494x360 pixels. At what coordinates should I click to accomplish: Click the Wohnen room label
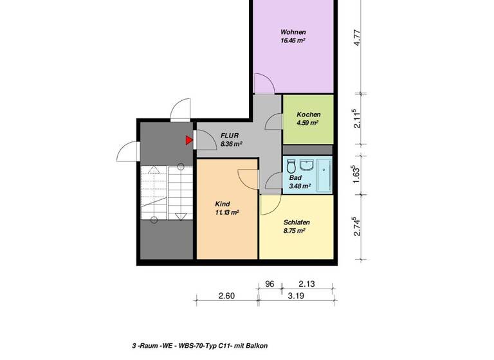click(293, 32)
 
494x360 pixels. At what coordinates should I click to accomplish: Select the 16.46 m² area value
click(293, 40)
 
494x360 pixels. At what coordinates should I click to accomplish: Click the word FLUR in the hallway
click(230, 136)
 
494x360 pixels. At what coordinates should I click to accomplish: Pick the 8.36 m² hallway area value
click(230, 144)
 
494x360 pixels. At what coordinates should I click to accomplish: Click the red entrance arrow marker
click(189, 139)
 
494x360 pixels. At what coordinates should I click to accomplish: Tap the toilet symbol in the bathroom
click(291, 165)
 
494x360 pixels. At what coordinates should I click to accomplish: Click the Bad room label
click(295, 179)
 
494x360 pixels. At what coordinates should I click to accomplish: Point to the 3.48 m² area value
click(300, 186)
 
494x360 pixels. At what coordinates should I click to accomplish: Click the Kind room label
click(223, 203)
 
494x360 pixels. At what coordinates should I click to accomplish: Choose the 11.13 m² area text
click(227, 212)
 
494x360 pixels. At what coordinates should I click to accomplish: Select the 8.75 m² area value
click(294, 230)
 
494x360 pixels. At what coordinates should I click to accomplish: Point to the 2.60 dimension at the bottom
click(226, 296)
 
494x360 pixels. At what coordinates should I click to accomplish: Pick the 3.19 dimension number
click(295, 296)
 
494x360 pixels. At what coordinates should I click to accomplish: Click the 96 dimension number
click(270, 283)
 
